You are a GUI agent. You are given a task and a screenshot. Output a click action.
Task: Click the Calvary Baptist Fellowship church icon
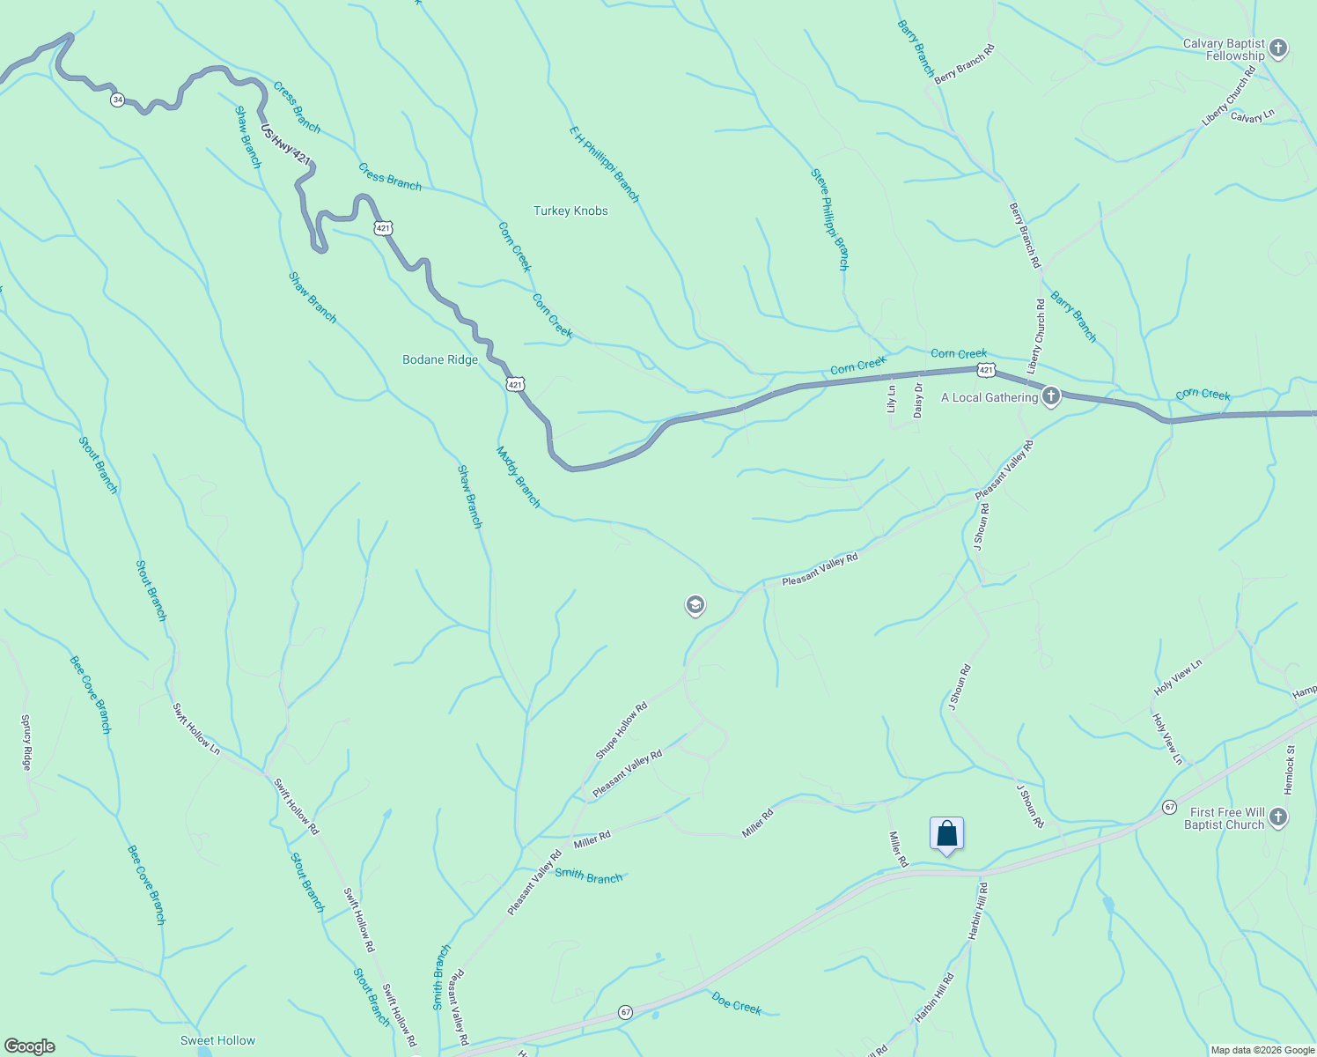[x=1279, y=49]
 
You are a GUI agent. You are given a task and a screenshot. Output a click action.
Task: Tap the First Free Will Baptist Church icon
[x=1279, y=818]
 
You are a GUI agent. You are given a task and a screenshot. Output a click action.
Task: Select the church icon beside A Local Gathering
[x=1050, y=396]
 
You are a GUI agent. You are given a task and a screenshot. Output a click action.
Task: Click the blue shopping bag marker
[x=946, y=833]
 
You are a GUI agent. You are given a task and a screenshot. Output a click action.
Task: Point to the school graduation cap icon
[x=695, y=605]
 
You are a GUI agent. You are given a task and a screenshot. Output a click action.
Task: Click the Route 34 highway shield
[x=117, y=100]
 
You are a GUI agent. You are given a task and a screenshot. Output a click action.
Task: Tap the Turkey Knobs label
[x=570, y=211]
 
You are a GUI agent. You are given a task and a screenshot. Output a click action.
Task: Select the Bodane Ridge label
[x=440, y=359]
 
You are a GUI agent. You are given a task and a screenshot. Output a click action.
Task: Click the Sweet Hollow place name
[x=217, y=1040]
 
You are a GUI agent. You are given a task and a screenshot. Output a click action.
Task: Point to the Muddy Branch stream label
[x=519, y=477]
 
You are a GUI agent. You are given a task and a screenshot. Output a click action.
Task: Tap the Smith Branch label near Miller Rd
[x=589, y=876]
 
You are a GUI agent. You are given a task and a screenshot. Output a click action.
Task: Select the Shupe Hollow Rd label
[x=622, y=730]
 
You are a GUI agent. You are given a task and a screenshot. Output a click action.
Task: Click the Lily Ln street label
[x=891, y=399]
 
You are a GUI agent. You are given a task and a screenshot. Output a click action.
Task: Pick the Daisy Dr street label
[x=918, y=399]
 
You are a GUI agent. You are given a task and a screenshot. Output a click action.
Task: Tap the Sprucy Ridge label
[x=26, y=743]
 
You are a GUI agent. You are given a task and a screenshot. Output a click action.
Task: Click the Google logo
[x=29, y=1046]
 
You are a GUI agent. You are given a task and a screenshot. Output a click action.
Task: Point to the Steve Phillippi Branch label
[x=829, y=219]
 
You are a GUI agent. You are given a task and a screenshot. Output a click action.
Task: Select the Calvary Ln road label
[x=1252, y=116]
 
